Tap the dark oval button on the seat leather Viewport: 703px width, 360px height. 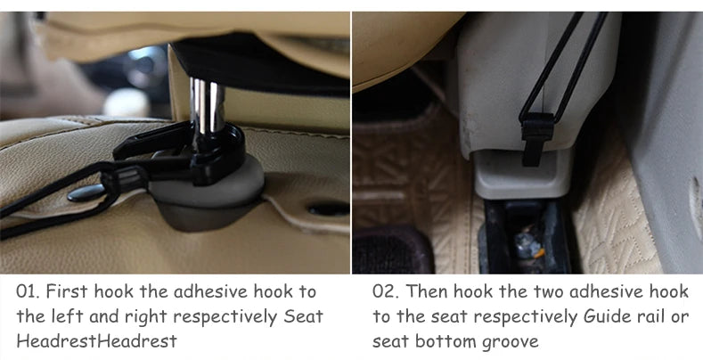coord(86,192)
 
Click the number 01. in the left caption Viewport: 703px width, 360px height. coord(29,291)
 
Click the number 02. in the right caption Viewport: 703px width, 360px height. coord(386,291)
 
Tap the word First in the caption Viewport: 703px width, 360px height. coord(67,291)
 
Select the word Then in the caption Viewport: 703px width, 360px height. coord(427,291)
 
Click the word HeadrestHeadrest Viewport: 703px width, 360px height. coord(97,341)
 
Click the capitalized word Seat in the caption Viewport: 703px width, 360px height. coord(304,316)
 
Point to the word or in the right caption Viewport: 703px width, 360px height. coord(679,317)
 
